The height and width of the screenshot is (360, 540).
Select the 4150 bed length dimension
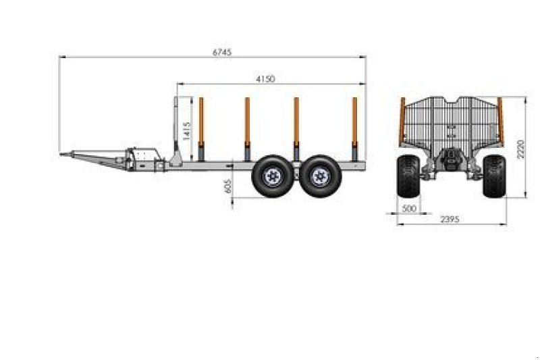pyautogui.click(x=265, y=79)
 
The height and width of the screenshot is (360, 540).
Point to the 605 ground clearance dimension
pyautogui.click(x=227, y=185)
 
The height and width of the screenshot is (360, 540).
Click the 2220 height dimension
pyautogui.click(x=520, y=149)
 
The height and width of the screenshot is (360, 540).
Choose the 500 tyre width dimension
pyautogui.click(x=408, y=209)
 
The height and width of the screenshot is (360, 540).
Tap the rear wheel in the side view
pyautogui.click(x=320, y=176)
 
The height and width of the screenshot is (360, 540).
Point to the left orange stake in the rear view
pyautogui.click(x=402, y=120)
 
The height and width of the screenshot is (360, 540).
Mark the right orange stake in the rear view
pyautogui.click(x=500, y=120)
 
